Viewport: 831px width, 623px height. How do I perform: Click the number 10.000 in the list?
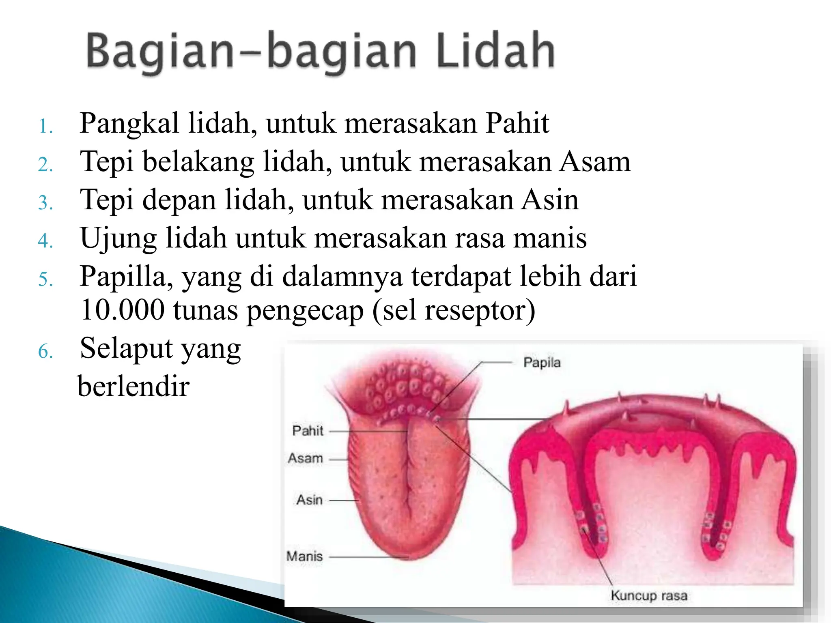(x=122, y=310)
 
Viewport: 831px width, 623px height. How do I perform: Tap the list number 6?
(x=45, y=351)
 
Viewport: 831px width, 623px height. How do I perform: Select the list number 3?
(x=45, y=203)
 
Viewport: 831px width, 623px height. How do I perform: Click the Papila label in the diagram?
(x=542, y=362)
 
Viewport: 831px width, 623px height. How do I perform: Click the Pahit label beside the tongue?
(x=308, y=431)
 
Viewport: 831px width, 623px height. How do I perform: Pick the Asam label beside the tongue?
(x=306, y=458)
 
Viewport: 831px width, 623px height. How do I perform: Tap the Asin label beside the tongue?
(x=309, y=500)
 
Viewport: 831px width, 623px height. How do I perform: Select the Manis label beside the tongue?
(x=304, y=556)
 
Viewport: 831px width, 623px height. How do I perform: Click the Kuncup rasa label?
(x=649, y=595)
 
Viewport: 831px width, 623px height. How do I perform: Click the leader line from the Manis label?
(x=365, y=557)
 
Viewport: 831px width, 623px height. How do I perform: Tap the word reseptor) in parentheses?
(x=480, y=310)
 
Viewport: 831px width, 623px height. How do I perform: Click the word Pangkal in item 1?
(x=129, y=123)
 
